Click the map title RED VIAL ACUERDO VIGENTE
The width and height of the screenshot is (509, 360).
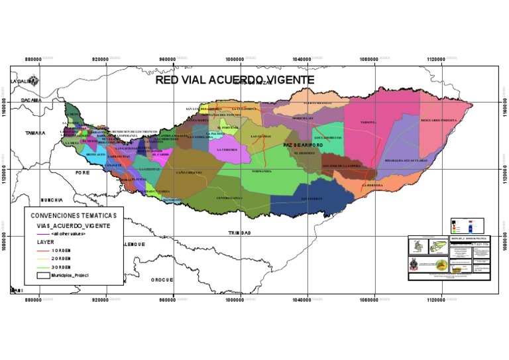pos(234,80)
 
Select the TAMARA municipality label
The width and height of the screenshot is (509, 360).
pos(36,133)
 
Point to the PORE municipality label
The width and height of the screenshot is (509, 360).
pos(82,172)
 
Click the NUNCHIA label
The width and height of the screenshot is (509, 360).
pos(51,200)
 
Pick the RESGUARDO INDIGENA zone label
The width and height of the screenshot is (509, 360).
pos(438,121)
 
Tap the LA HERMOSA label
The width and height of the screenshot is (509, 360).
pos(373,185)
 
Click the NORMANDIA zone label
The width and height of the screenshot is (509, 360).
pos(262,171)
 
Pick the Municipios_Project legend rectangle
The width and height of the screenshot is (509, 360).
pos(44,274)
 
